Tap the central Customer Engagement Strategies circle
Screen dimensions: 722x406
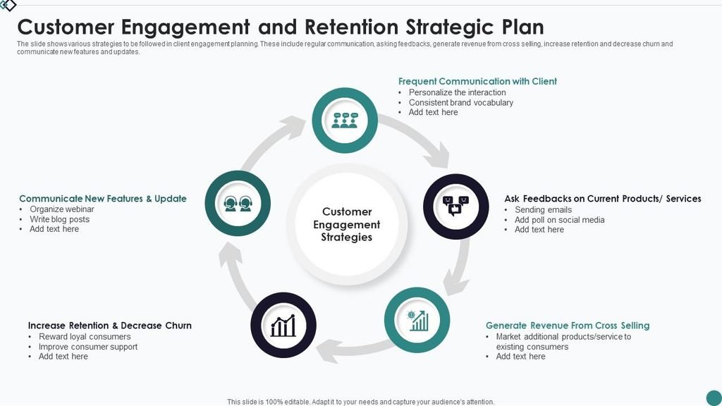[347, 224]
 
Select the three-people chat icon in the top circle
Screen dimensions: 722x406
[345, 120]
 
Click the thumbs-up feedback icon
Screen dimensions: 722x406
[455, 206]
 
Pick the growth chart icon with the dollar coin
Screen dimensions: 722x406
[417, 321]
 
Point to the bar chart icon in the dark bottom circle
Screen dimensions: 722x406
[283, 326]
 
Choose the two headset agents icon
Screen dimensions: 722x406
[238, 204]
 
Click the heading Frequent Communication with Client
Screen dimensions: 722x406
[477, 82]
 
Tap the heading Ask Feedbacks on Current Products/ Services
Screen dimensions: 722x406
[602, 198]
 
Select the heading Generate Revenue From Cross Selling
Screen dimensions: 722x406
[568, 326]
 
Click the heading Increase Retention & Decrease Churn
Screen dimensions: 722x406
[109, 326]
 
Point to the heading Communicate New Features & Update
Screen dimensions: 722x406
[103, 198]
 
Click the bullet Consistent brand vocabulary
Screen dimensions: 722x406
[461, 103]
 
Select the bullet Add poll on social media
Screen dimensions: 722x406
[559, 220]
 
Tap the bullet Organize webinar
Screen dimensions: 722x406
[62, 209]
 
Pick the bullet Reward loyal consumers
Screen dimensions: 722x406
[85, 336]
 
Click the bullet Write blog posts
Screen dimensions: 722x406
[59, 219]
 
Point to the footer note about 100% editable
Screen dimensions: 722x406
[360, 402]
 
